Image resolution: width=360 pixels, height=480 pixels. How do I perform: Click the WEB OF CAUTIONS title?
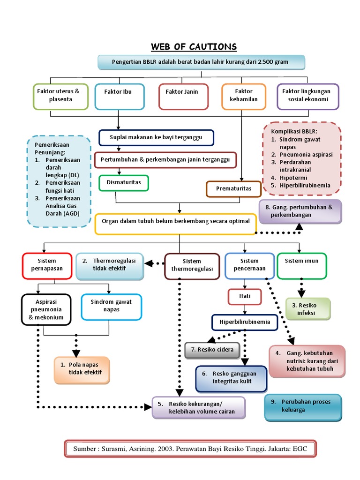click(x=194, y=47)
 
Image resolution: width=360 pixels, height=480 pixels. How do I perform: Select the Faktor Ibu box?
click(x=118, y=96)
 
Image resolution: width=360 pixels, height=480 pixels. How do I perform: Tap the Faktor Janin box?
click(x=182, y=96)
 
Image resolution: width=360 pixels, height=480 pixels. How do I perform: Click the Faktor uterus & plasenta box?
click(x=60, y=96)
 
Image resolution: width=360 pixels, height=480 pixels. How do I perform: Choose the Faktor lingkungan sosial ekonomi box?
click(x=308, y=96)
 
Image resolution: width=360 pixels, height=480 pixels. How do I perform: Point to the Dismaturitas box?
click(x=124, y=183)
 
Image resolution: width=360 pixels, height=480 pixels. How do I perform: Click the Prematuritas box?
click(x=233, y=189)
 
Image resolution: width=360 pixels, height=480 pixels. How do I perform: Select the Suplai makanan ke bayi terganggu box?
click(x=156, y=138)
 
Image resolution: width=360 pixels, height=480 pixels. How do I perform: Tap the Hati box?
click(x=244, y=297)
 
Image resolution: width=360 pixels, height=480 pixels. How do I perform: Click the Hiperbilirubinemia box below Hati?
click(x=244, y=322)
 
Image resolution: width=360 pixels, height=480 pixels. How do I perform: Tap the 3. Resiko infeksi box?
click(x=307, y=309)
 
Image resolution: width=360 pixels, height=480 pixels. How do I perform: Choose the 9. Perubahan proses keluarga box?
click(x=303, y=406)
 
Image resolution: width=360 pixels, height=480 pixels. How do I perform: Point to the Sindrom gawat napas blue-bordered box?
click(x=111, y=307)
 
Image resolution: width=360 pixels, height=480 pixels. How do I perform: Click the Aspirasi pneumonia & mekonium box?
click(x=46, y=309)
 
